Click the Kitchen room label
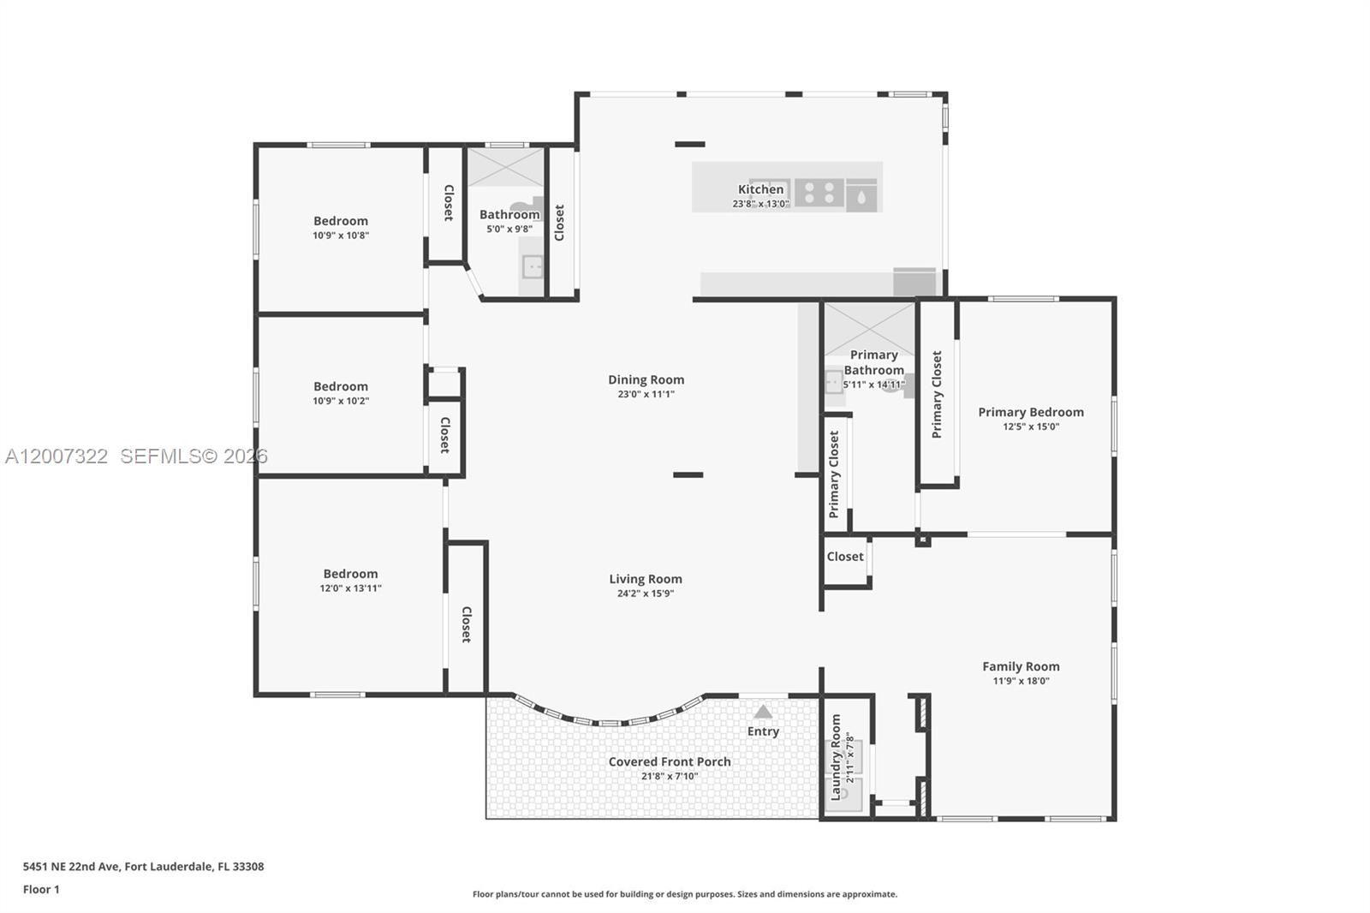(x=760, y=189)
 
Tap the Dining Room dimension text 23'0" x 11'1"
(x=646, y=395)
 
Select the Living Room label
(x=646, y=579)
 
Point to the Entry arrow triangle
(x=763, y=712)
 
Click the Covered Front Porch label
(x=670, y=761)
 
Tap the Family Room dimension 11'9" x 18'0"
(x=1021, y=682)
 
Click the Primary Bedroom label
(x=1031, y=412)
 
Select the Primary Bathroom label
(x=873, y=362)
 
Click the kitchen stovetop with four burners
(x=819, y=194)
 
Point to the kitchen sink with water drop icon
(x=861, y=196)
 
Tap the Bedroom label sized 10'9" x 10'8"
(x=341, y=221)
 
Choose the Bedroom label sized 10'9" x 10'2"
(x=341, y=386)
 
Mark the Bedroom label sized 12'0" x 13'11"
(x=350, y=574)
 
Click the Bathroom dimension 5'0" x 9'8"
(x=509, y=230)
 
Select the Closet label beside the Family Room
(x=845, y=557)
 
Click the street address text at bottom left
(x=143, y=867)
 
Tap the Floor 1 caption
(x=41, y=890)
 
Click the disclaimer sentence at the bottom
(x=685, y=894)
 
